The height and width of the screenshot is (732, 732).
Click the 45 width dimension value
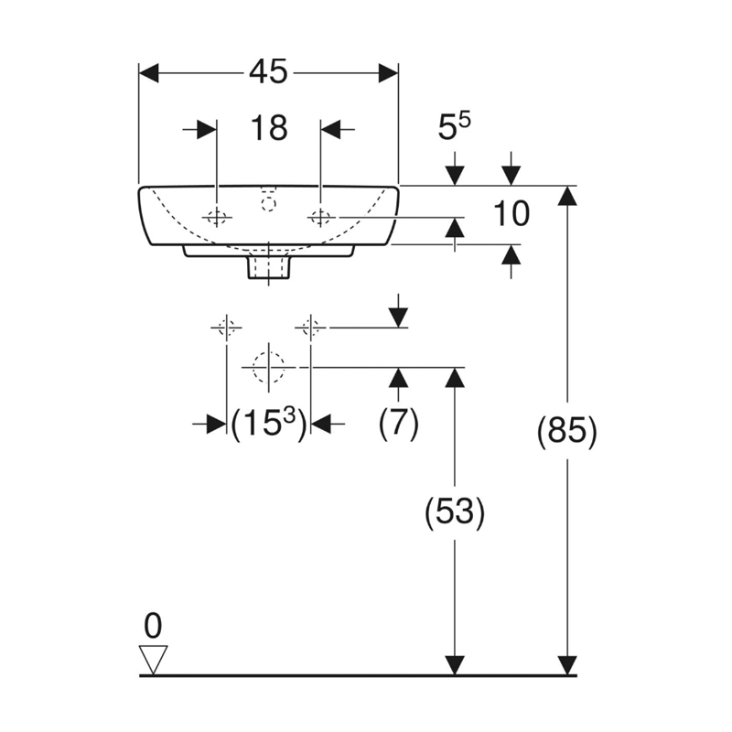coord(268,72)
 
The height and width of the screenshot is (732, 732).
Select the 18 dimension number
coord(269,128)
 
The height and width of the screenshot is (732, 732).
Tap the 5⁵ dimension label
coord(454,126)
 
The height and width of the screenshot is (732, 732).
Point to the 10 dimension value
coord(511,214)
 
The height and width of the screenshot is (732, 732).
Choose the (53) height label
coord(455,511)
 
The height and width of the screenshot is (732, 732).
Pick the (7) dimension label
coord(398,424)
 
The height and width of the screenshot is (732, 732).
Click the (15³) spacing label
coord(269,424)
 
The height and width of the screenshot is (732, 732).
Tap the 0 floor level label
coord(153,626)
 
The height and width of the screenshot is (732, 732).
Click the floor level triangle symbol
coord(153,660)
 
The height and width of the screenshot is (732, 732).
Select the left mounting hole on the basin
coord(216,217)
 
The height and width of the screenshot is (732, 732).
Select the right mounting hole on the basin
coord(320,217)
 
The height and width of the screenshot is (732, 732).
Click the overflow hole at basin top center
coord(268,203)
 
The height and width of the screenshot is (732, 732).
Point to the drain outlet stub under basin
coord(268,266)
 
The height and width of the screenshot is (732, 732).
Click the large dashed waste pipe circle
coord(268,368)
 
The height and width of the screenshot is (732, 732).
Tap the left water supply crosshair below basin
coord(226,328)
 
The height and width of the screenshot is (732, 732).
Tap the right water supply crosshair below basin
coord(310,328)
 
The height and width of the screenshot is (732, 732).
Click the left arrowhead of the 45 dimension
coord(149,73)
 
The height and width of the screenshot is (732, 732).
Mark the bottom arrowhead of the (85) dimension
coord(567,665)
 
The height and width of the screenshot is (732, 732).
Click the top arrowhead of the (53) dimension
coord(455,378)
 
